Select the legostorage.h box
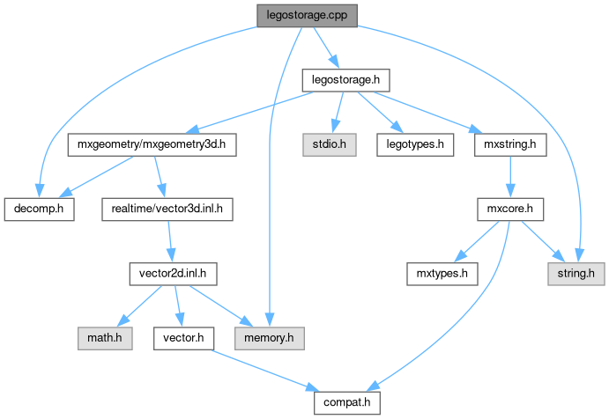click(345, 80)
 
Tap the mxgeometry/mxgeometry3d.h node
click(151, 143)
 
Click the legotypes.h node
click(414, 143)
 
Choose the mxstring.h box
click(505, 143)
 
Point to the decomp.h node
click(39, 209)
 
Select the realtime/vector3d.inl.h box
click(167, 209)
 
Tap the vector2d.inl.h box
click(173, 274)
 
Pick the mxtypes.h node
click(442, 274)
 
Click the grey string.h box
click(576, 274)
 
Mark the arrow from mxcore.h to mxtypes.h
click(476, 242)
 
